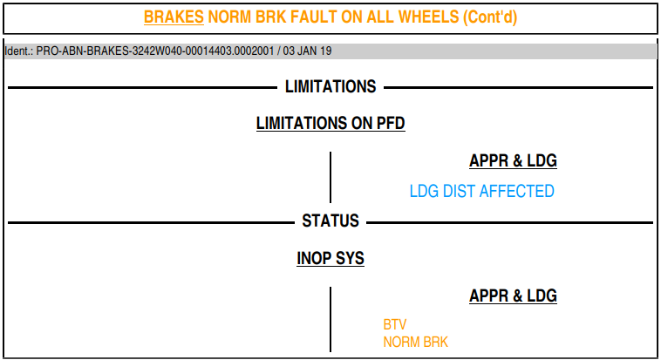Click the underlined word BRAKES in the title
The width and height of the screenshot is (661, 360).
click(174, 17)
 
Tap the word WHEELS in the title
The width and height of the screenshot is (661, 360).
click(428, 17)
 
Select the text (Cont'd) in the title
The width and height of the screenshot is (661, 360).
click(490, 17)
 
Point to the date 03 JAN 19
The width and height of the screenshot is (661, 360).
click(307, 51)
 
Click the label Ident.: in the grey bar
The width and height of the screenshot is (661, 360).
click(18, 51)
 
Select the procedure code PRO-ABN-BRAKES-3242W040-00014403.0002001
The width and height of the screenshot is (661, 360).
click(154, 51)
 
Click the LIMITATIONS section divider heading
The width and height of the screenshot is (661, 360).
click(330, 87)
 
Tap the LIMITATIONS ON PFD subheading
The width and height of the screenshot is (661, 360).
click(330, 124)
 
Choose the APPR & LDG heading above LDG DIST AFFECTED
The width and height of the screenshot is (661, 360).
click(513, 160)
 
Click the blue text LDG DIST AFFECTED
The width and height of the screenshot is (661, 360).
click(482, 192)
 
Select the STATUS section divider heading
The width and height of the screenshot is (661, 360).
click(330, 221)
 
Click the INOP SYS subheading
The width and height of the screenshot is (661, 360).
click(330, 258)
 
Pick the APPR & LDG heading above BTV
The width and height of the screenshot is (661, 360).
click(513, 295)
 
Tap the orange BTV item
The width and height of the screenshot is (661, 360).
click(395, 324)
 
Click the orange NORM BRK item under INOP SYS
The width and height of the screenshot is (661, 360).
click(416, 342)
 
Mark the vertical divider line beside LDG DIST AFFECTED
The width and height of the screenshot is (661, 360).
click(330, 177)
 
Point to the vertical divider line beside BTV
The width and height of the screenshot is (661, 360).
click(330, 319)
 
